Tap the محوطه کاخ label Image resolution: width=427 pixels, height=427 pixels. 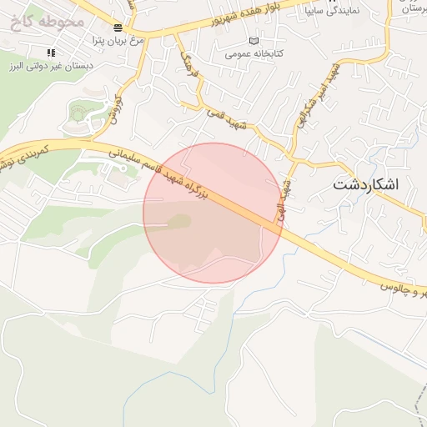(48, 21)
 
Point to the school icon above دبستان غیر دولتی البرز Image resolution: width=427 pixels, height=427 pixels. (51, 53)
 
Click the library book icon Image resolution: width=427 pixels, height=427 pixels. (254, 41)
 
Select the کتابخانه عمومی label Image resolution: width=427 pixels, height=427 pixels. (254, 53)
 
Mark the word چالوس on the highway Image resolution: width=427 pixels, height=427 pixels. (398, 288)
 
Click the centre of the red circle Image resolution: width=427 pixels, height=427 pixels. (213, 213)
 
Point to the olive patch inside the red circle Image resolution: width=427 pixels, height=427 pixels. (178, 221)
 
